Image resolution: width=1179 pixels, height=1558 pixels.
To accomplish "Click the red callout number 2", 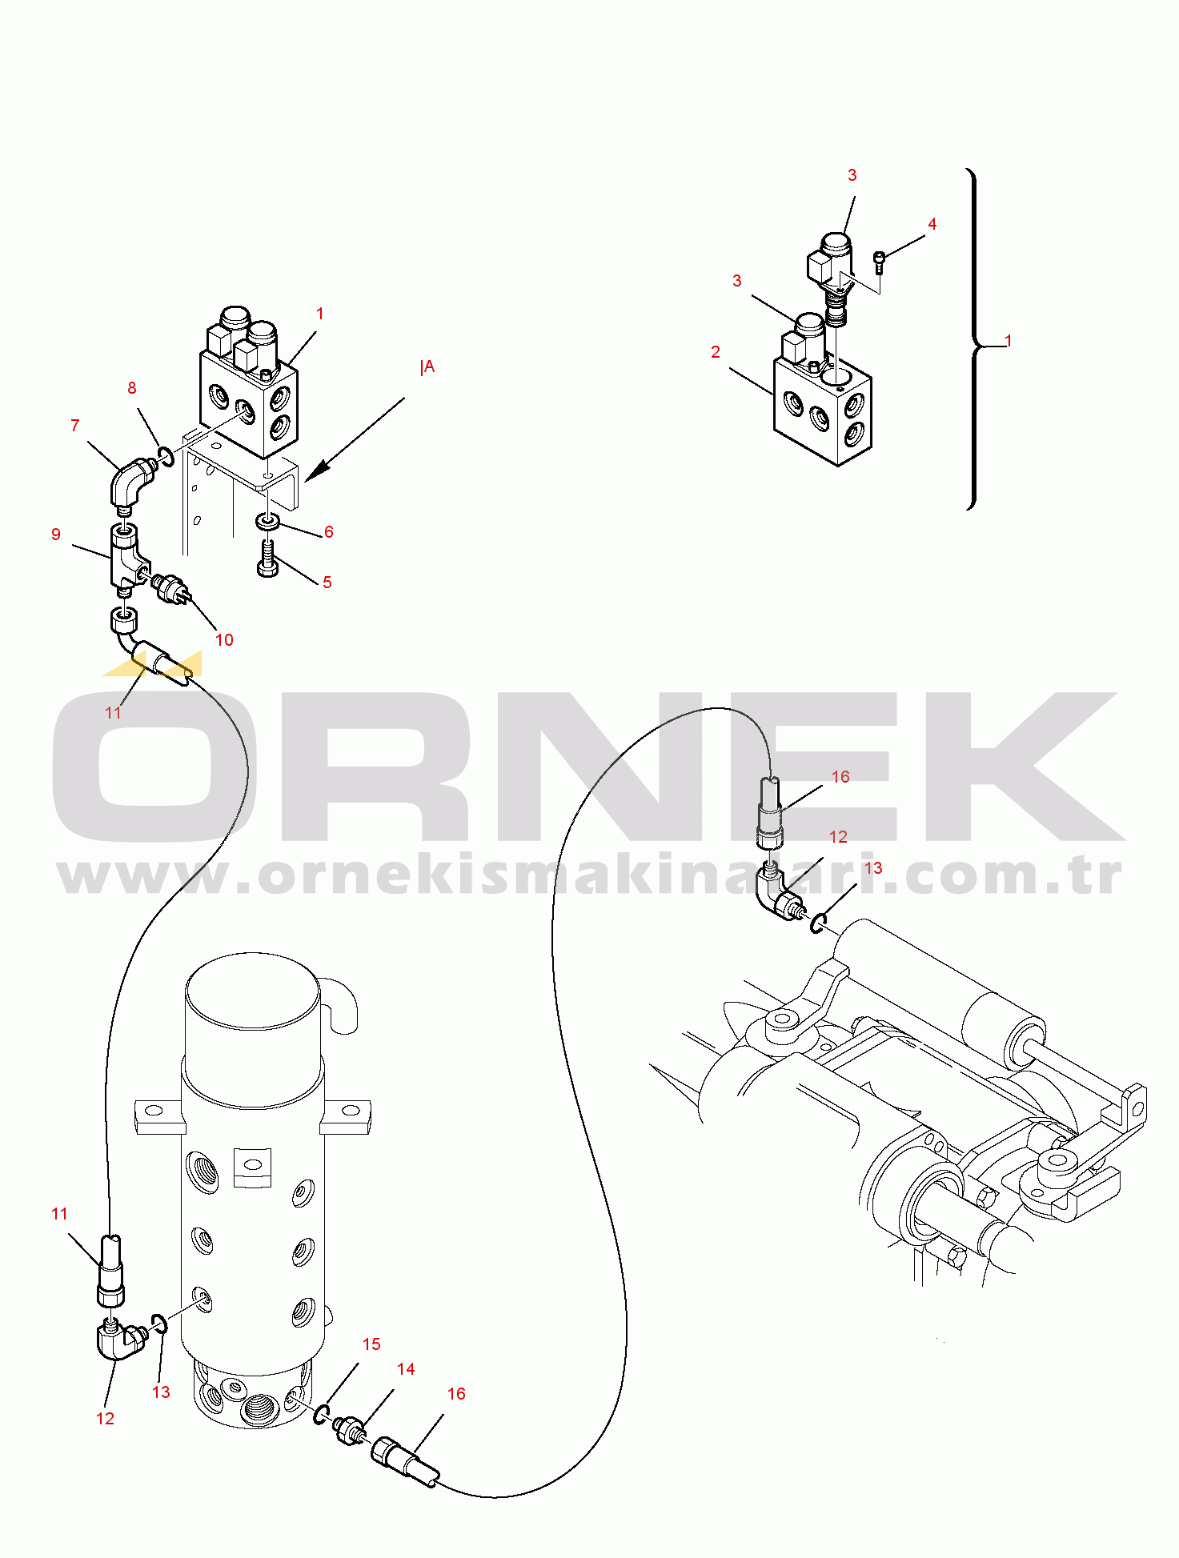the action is tap(716, 352).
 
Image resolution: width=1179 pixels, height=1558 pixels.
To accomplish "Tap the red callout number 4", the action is tap(932, 224).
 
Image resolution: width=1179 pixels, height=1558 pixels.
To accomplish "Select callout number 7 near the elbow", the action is tap(75, 426).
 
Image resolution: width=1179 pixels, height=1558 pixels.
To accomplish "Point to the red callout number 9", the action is tap(55, 535).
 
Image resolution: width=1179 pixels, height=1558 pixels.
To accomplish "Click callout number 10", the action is tap(224, 640).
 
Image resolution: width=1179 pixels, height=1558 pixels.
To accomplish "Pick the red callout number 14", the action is tap(406, 1369).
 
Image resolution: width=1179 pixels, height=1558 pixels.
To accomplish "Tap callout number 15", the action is tap(371, 1344).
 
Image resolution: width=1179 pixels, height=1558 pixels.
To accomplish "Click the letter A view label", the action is tap(429, 367).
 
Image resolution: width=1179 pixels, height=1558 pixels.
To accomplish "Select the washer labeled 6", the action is tap(267, 522).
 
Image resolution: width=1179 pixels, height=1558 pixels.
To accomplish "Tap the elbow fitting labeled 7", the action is tap(130, 483).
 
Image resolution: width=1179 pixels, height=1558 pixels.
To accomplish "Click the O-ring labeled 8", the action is tap(166, 457).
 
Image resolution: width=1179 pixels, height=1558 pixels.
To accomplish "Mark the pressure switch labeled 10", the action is tap(170, 590).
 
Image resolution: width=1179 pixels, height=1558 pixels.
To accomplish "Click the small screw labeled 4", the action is tap(880, 262).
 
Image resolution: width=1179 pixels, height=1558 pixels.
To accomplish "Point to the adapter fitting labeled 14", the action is tap(351, 1431).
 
